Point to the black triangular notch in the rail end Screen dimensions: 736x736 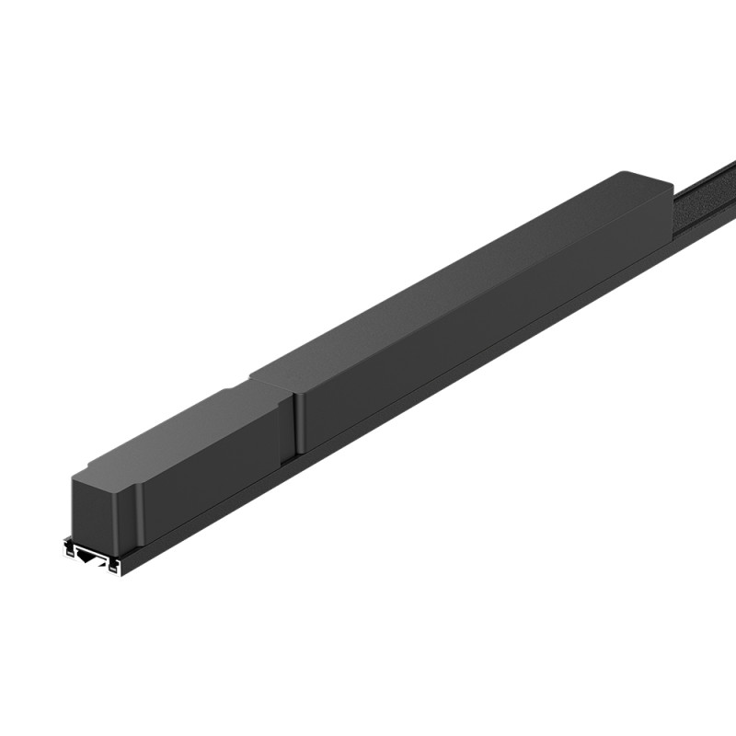tap(90, 556)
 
